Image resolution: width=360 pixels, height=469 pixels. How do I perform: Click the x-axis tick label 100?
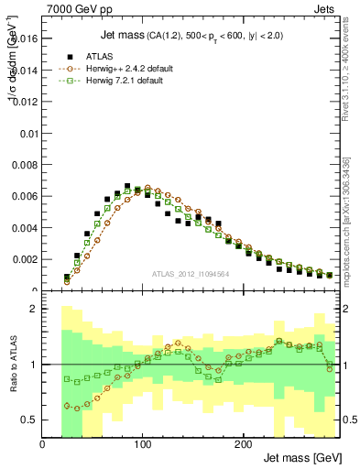click(142, 444)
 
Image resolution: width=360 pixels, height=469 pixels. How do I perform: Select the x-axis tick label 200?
click(242, 444)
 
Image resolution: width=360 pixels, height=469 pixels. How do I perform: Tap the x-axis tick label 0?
click(42, 444)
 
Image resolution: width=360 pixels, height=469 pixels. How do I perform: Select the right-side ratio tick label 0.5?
click(348, 420)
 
